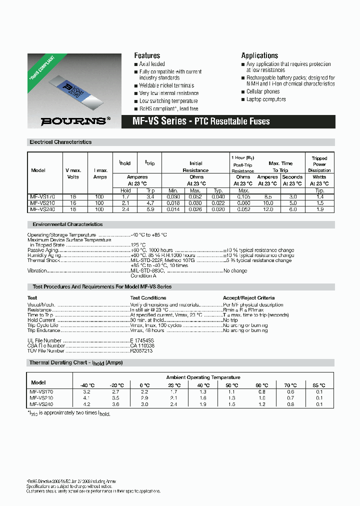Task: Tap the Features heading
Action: click(147, 55)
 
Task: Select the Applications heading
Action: click(259, 55)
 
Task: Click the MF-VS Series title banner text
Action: click(201, 121)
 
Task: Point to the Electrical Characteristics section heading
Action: click(60, 142)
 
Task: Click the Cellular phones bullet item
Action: click(262, 91)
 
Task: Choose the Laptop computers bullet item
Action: click(266, 99)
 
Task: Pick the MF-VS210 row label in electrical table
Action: click(41, 203)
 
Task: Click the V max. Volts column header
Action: click(72, 173)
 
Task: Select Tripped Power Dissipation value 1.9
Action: click(319, 209)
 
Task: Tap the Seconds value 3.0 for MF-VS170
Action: click(292, 197)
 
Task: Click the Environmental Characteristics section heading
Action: click(67, 224)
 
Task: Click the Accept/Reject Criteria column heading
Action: click(248, 297)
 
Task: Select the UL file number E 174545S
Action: click(142, 340)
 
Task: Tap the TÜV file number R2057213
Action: click(141, 351)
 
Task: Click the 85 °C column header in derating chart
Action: click(319, 385)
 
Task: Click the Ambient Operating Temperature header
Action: click(203, 377)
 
